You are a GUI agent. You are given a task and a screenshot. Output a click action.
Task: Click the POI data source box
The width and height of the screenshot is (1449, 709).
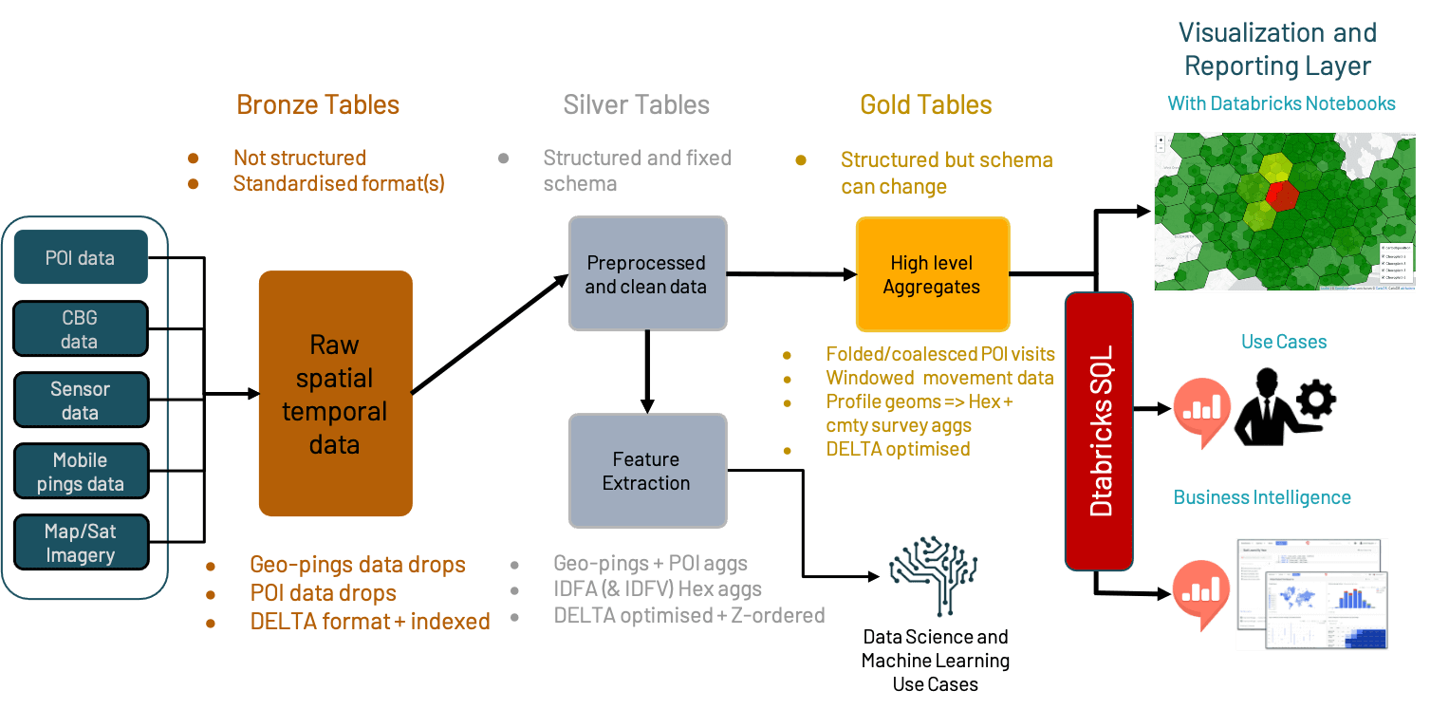click(81, 257)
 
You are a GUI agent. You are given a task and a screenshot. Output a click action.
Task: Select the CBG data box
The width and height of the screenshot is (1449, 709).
click(81, 329)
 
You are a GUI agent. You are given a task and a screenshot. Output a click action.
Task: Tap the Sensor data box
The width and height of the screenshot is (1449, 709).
click(81, 401)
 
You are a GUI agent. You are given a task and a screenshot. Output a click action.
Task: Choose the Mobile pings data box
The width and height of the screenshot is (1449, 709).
click(81, 472)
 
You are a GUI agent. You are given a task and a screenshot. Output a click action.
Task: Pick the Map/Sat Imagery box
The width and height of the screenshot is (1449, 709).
click(81, 543)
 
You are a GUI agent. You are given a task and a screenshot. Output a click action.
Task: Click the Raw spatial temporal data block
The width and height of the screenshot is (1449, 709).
click(335, 394)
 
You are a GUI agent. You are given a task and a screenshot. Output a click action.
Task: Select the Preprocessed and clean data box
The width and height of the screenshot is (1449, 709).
click(646, 274)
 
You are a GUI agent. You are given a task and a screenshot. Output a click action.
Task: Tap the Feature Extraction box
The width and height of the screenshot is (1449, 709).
click(646, 471)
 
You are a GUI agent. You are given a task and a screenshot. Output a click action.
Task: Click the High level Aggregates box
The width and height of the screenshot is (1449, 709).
click(932, 274)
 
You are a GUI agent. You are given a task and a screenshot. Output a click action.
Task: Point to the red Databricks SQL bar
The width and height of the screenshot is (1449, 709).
click(1099, 431)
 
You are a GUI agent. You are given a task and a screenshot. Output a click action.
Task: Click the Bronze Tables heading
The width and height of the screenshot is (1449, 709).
click(318, 104)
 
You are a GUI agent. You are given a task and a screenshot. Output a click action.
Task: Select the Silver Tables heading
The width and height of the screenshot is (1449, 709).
click(636, 104)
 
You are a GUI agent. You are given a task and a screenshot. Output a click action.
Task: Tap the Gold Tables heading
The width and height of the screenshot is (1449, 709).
click(925, 104)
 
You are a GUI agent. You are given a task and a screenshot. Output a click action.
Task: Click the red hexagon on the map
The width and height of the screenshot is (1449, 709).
click(1282, 195)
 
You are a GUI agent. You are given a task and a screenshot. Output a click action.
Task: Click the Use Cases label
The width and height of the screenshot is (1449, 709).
click(1283, 342)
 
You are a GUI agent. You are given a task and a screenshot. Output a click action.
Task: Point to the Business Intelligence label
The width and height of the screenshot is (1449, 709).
click(1261, 497)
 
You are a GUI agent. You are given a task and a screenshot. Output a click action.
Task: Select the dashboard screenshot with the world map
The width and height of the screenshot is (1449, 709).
click(1311, 594)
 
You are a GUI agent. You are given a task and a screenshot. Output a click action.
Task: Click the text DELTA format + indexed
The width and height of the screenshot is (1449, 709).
click(370, 622)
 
